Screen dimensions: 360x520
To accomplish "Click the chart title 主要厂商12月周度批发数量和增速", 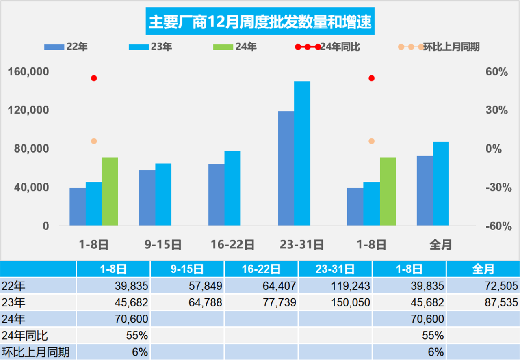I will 260,23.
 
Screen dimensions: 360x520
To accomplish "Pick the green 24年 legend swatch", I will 223,47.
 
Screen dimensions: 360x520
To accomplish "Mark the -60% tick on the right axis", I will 496,226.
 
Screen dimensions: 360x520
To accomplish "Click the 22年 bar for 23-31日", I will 286,168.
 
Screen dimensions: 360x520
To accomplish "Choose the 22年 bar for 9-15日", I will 147,198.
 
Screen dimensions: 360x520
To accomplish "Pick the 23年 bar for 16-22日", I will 232,188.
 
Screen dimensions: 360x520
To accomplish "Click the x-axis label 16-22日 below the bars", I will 232,245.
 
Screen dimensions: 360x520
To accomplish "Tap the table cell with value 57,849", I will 204,286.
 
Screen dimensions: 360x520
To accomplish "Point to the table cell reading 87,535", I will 499,302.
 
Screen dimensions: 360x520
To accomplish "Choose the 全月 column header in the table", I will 483,269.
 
